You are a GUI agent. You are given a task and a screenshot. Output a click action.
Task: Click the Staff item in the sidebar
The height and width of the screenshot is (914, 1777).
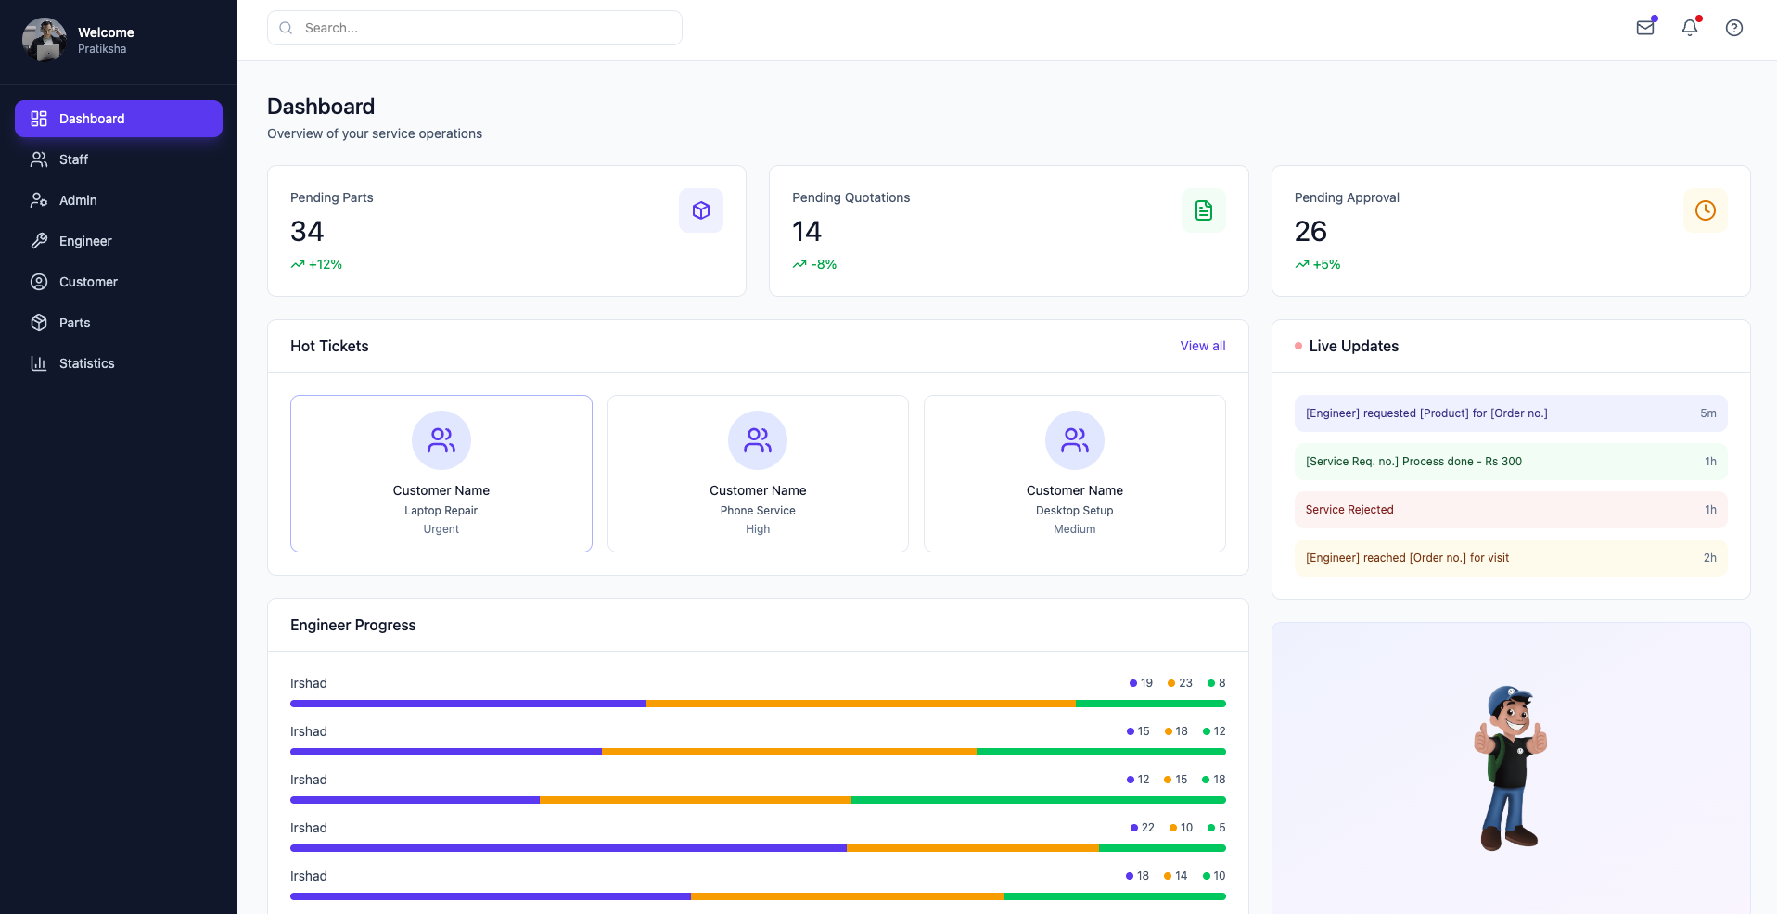pyautogui.click(x=73, y=159)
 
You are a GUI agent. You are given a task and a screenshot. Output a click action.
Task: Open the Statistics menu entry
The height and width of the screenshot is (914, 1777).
pyautogui.click(x=86, y=363)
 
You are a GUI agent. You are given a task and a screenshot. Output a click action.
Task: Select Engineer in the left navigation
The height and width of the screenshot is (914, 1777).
pyautogui.click(x=85, y=241)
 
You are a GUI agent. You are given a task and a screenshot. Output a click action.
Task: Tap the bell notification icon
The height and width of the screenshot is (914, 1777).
pyautogui.click(x=1690, y=28)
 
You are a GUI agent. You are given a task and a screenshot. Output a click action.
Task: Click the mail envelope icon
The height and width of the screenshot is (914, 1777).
pyautogui.click(x=1645, y=28)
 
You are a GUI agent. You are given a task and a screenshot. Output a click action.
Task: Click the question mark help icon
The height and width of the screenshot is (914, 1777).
pyautogui.click(x=1733, y=28)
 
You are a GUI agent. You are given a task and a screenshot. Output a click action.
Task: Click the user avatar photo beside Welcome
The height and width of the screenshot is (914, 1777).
pyautogui.click(x=44, y=40)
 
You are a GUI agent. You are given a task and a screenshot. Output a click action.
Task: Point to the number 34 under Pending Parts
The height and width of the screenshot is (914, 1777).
pyautogui.click(x=307, y=231)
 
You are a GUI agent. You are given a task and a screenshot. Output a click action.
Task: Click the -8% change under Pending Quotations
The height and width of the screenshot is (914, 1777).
pyautogui.click(x=824, y=264)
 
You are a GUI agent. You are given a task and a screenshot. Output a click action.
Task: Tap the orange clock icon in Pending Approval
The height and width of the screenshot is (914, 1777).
pyautogui.click(x=1705, y=210)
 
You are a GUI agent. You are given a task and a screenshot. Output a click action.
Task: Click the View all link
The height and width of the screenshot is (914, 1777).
pyautogui.click(x=1202, y=346)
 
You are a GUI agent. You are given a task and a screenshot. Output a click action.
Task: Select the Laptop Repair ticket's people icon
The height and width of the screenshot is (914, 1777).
pyautogui.click(x=441, y=440)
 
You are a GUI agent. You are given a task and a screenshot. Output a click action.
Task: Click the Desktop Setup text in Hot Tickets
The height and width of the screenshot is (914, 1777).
pyautogui.click(x=1074, y=511)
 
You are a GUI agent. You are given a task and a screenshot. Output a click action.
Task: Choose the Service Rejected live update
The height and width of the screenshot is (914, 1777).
pyautogui.click(x=1349, y=510)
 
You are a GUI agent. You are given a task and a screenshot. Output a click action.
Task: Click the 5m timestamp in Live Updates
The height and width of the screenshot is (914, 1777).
pyautogui.click(x=1707, y=413)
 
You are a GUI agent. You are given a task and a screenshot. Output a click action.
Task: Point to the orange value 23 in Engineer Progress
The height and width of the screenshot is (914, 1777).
pyautogui.click(x=1185, y=683)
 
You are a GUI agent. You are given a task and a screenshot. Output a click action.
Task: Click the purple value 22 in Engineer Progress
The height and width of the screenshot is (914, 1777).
pyautogui.click(x=1147, y=828)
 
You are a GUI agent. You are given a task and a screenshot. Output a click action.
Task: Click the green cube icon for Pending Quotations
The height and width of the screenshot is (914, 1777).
pyautogui.click(x=1203, y=210)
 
